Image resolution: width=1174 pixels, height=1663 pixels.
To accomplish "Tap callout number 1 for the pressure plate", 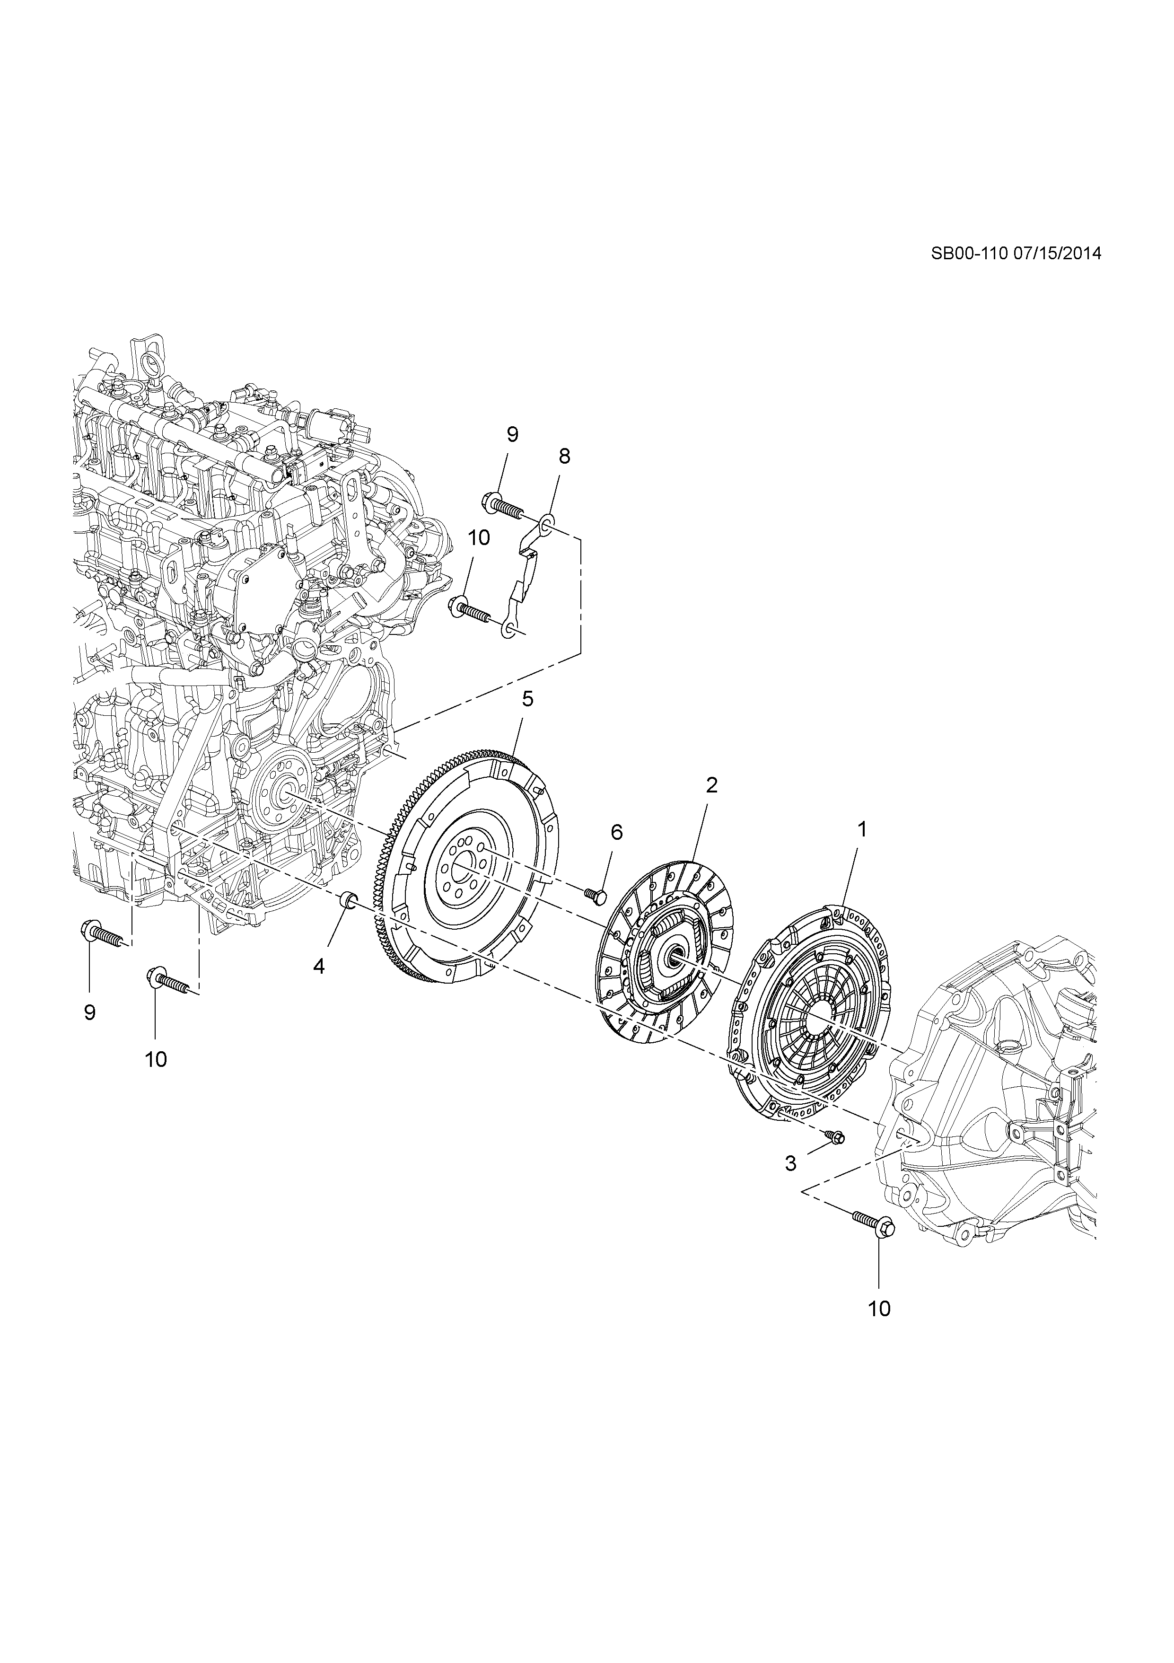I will point(862,830).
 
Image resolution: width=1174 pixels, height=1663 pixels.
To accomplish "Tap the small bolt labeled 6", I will point(596,897).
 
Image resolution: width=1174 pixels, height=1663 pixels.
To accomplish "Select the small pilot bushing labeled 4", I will point(348,900).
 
